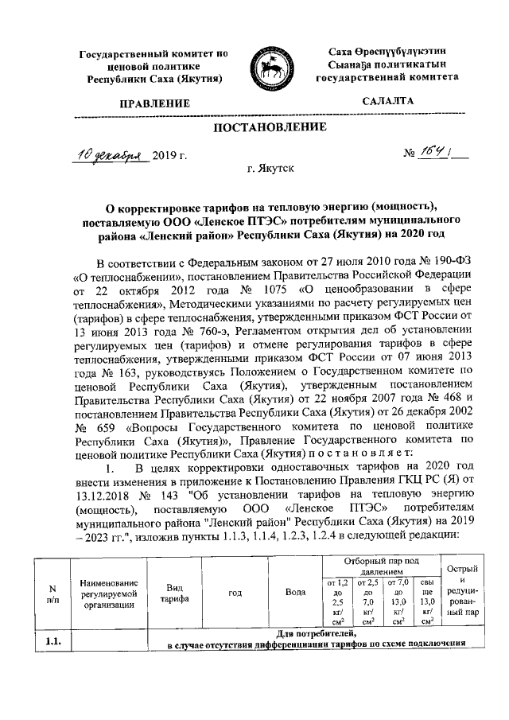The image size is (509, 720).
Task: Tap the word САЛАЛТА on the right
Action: (x=387, y=102)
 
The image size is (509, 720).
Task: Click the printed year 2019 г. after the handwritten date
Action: (x=169, y=154)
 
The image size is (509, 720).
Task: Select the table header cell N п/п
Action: (x=52, y=594)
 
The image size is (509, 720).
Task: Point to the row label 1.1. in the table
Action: (x=54, y=638)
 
